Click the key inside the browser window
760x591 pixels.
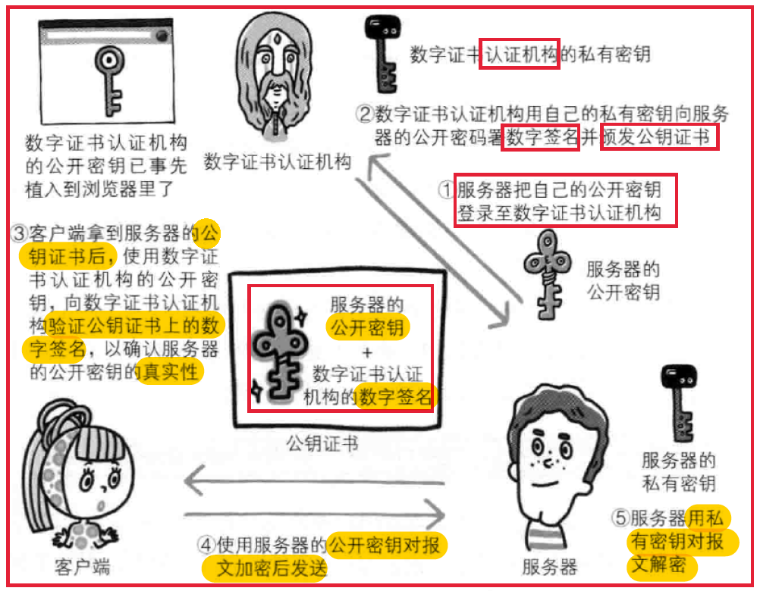[110, 80]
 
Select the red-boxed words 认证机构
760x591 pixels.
[520, 54]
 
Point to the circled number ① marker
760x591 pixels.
[447, 189]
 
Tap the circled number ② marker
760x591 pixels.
[364, 114]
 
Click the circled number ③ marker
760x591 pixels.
[19, 233]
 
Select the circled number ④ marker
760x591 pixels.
[206, 545]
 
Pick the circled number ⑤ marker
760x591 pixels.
[620, 518]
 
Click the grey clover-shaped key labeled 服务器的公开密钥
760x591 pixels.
[548, 274]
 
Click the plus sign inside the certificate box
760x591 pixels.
[367, 352]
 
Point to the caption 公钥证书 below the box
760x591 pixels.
[322, 443]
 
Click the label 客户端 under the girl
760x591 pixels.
[83, 567]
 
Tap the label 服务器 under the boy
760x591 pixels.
[549, 567]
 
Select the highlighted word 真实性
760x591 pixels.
[170, 372]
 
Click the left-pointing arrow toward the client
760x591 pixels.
[315, 482]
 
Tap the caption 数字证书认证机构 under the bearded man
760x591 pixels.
[278, 162]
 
